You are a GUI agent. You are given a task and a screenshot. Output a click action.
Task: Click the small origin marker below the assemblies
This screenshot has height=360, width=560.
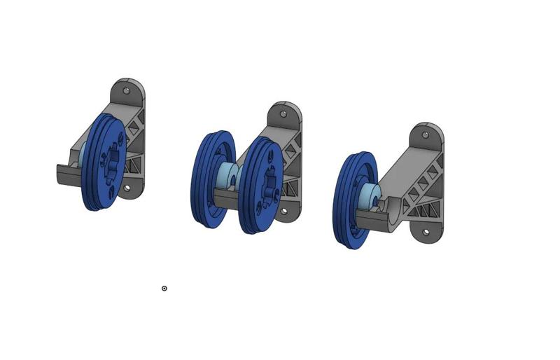(x=164, y=289)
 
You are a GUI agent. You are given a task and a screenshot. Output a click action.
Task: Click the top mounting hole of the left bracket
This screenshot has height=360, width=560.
(x=127, y=90)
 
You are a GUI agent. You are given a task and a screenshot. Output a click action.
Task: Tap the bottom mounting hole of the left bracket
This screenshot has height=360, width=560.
(x=127, y=188)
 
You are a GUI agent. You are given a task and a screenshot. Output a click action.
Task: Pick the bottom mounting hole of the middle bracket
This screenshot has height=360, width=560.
(x=283, y=210)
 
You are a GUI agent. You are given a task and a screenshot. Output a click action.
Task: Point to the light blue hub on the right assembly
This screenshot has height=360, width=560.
(x=371, y=196)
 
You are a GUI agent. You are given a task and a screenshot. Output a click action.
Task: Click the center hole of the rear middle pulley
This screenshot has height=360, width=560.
(x=269, y=186)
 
